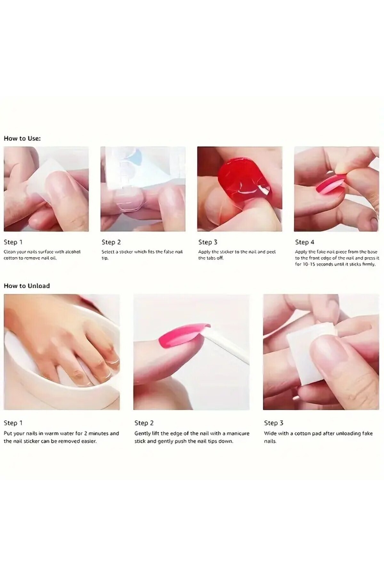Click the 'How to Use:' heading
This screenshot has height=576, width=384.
pos(22,139)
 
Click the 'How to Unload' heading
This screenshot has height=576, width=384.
pos(27,286)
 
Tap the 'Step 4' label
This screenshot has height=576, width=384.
pos(305,242)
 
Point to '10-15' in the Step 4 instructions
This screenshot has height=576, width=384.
pos(309,264)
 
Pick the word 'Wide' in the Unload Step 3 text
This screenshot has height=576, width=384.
pos(270,434)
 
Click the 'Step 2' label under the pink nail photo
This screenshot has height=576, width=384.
pos(144,423)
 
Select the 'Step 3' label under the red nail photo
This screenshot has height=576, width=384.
pos(208,242)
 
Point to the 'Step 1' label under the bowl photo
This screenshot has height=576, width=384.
pos(13,423)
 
